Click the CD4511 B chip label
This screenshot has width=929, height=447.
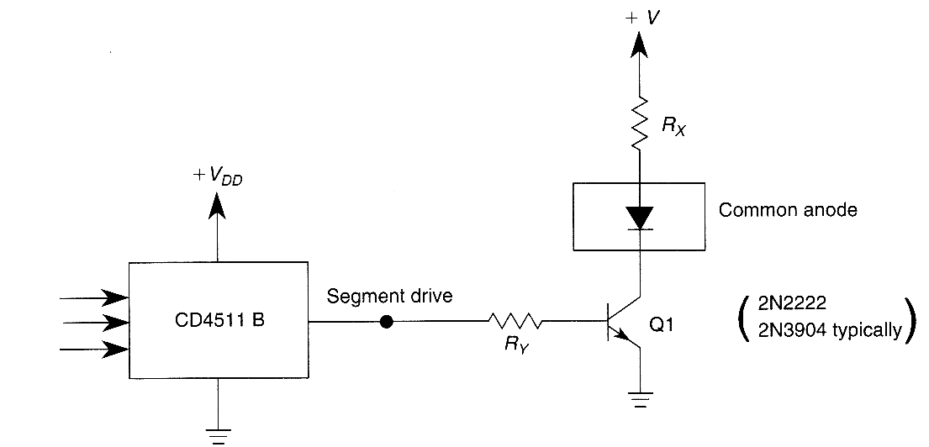click(219, 322)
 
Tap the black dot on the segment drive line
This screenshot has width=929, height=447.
click(386, 322)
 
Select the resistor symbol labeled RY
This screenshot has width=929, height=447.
click(515, 322)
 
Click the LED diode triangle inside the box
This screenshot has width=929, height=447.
click(639, 218)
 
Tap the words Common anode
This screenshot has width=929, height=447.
click(788, 210)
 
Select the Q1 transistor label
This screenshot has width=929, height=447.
click(661, 326)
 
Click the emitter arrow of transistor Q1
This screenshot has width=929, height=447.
click(622, 336)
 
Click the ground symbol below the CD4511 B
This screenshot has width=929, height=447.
click(218, 435)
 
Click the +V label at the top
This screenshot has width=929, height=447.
click(643, 17)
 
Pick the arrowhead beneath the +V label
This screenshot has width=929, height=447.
click(639, 45)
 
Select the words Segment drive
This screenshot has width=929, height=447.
click(389, 296)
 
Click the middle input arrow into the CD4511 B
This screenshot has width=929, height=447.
click(95, 323)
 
